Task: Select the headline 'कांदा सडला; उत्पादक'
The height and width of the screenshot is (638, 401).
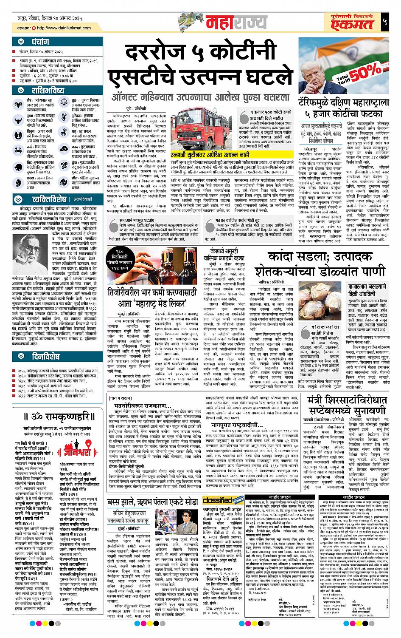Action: pyautogui.click(x=320, y=256)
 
